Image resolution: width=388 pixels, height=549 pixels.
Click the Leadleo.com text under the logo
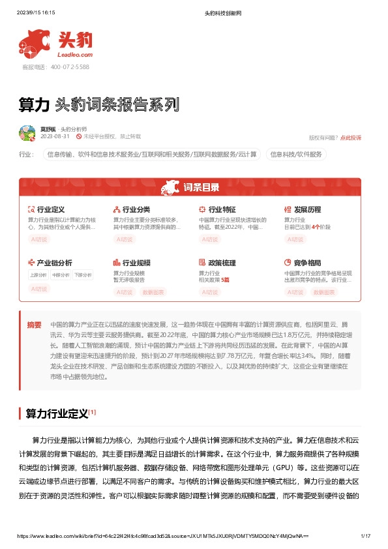(x=77, y=56)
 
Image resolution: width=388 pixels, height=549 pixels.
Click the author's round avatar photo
(x=27, y=134)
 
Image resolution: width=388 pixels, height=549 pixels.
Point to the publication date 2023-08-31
(x=55, y=137)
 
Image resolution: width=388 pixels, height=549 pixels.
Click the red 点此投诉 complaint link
(x=351, y=138)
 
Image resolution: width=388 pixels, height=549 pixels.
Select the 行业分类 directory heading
(x=136, y=209)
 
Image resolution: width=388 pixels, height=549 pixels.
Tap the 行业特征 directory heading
(x=222, y=209)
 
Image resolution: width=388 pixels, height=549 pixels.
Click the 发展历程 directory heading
(x=307, y=209)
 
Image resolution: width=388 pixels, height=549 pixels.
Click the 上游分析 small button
(x=38, y=275)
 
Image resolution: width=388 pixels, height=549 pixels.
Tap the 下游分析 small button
(x=83, y=275)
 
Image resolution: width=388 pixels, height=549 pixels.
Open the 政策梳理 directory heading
(x=222, y=263)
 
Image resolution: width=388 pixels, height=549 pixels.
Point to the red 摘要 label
(x=35, y=325)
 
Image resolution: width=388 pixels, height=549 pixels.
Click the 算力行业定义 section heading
(x=56, y=413)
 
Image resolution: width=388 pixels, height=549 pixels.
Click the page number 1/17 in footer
(x=365, y=536)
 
